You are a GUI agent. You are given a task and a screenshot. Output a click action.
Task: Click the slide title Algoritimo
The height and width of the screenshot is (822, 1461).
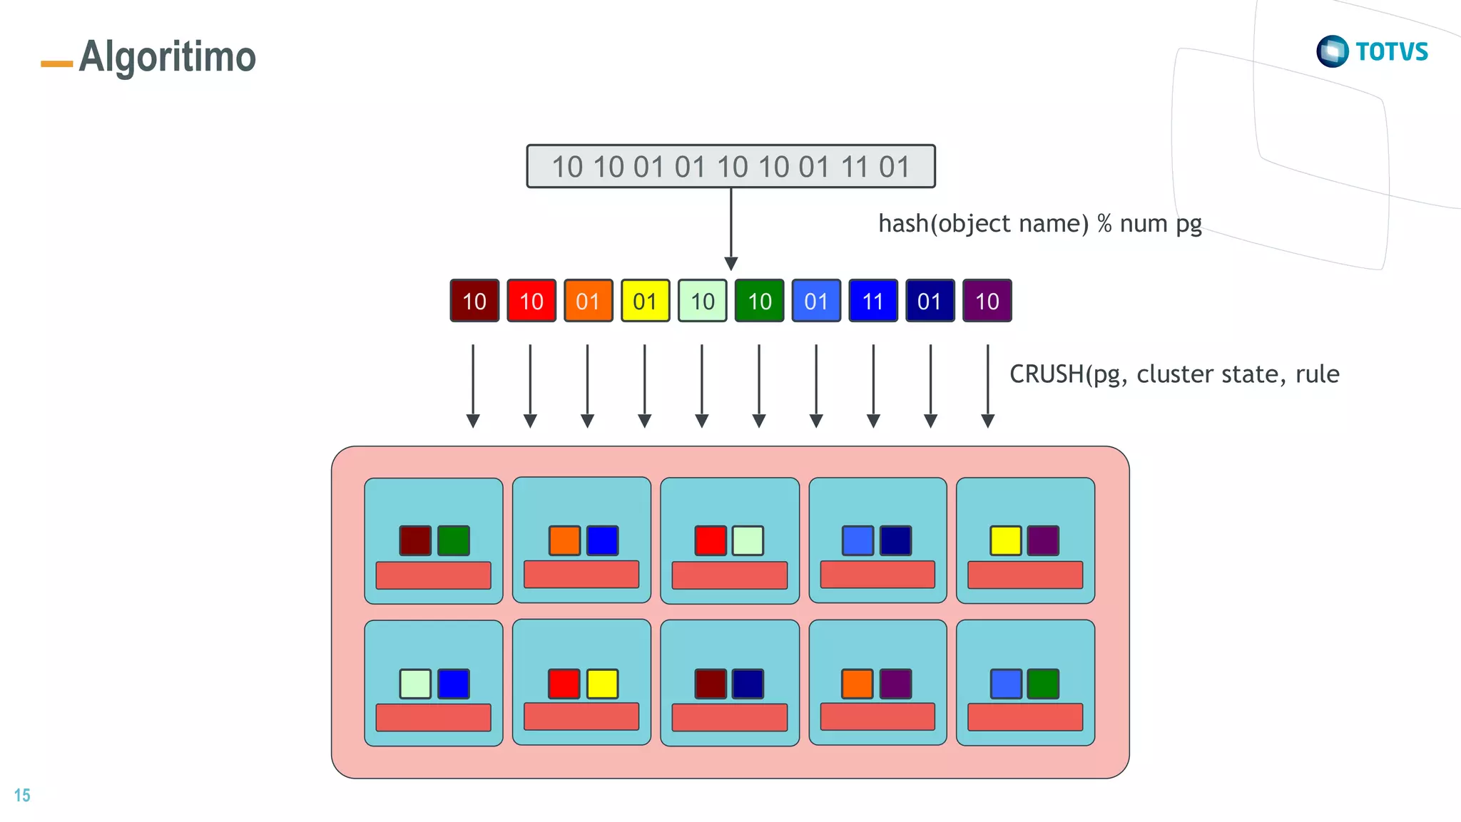click(x=167, y=57)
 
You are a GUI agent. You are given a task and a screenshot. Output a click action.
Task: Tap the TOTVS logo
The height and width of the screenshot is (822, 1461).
click(x=1372, y=51)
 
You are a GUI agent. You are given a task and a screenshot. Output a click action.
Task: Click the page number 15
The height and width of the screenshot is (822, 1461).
click(x=22, y=795)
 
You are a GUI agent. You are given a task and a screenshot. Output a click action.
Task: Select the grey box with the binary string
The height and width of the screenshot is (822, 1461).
click(x=730, y=167)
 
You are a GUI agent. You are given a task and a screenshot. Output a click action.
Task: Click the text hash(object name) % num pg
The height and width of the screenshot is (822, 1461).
click(x=1039, y=224)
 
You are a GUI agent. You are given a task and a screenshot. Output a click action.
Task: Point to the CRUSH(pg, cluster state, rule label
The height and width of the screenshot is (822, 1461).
click(x=1174, y=374)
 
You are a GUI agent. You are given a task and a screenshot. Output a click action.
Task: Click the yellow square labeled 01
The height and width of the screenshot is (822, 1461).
click(x=645, y=301)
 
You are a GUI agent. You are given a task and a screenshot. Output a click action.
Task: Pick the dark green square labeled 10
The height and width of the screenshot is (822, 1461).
click(x=759, y=301)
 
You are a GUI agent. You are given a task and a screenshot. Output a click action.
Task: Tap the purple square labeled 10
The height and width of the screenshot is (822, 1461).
click(x=987, y=301)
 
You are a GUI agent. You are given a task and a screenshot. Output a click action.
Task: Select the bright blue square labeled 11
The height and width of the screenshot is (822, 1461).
click(x=873, y=301)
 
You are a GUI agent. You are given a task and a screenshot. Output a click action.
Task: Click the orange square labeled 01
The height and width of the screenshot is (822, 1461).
click(x=588, y=301)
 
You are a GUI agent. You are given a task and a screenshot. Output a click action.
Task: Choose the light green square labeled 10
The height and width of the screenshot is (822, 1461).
click(x=702, y=301)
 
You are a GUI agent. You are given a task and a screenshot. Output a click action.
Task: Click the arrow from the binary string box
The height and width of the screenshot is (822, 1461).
click(x=730, y=228)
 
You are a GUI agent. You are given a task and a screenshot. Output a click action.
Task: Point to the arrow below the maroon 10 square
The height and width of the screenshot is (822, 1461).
click(x=473, y=385)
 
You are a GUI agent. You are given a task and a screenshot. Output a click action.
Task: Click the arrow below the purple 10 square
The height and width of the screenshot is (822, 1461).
click(x=987, y=385)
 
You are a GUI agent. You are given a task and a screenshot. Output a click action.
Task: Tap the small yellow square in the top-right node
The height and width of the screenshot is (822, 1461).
click(x=1005, y=540)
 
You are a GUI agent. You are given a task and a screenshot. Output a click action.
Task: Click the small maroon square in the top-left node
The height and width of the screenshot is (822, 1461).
click(x=415, y=540)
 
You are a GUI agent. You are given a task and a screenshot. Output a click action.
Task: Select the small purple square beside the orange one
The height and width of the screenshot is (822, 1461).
click(x=895, y=684)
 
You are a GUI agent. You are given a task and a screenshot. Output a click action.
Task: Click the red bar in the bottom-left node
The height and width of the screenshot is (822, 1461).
click(x=433, y=717)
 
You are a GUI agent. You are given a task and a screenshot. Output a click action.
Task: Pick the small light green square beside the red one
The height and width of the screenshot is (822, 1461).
click(x=748, y=540)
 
